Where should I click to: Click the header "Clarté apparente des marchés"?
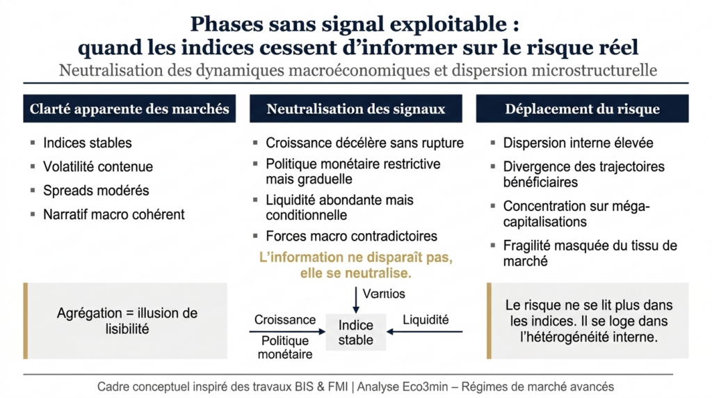point(129,109)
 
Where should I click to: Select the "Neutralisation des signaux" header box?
point(355,109)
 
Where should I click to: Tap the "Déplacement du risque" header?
point(582,109)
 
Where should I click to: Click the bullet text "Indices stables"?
point(88,143)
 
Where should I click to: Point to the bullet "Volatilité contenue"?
point(98,166)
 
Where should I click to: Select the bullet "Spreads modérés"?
point(96,190)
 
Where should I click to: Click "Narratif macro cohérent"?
point(114,214)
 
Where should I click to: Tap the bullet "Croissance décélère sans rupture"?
point(364,143)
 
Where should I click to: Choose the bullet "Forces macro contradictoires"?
point(352,236)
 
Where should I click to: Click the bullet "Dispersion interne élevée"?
point(578,143)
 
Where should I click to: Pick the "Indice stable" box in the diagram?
point(355,333)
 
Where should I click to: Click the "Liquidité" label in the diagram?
point(426,320)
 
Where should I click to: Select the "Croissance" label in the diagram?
point(285,320)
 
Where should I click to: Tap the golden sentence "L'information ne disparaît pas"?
point(355,257)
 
